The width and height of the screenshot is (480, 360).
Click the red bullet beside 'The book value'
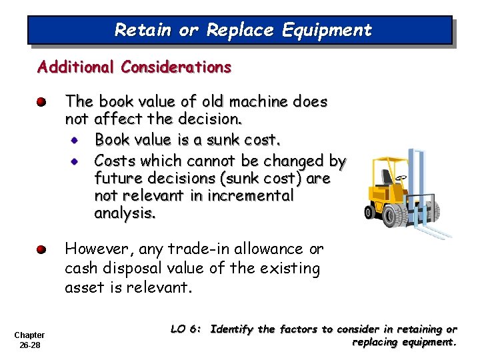point(41,102)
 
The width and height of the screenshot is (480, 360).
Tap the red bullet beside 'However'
point(41,250)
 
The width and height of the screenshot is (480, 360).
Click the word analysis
point(125,214)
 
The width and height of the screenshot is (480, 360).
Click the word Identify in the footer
point(233,329)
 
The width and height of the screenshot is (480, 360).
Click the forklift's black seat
point(387,177)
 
